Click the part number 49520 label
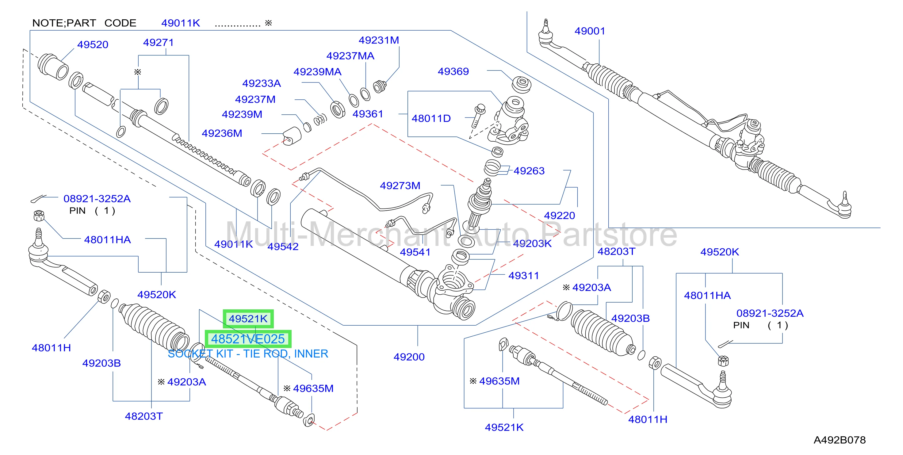[93, 44]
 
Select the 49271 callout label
[159, 42]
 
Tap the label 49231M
[379, 40]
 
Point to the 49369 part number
[453, 71]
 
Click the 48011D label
[431, 118]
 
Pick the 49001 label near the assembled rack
[590, 31]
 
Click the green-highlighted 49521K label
[248, 319]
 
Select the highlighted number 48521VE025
[248, 339]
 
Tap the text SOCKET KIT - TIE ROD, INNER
[248, 354]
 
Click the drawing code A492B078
[840, 440]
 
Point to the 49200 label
[409, 357]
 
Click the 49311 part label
[523, 276]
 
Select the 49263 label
[529, 171]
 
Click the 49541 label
[415, 252]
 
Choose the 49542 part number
[283, 247]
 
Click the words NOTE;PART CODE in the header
[84, 23]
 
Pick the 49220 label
[560, 216]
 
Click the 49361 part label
[368, 114]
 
